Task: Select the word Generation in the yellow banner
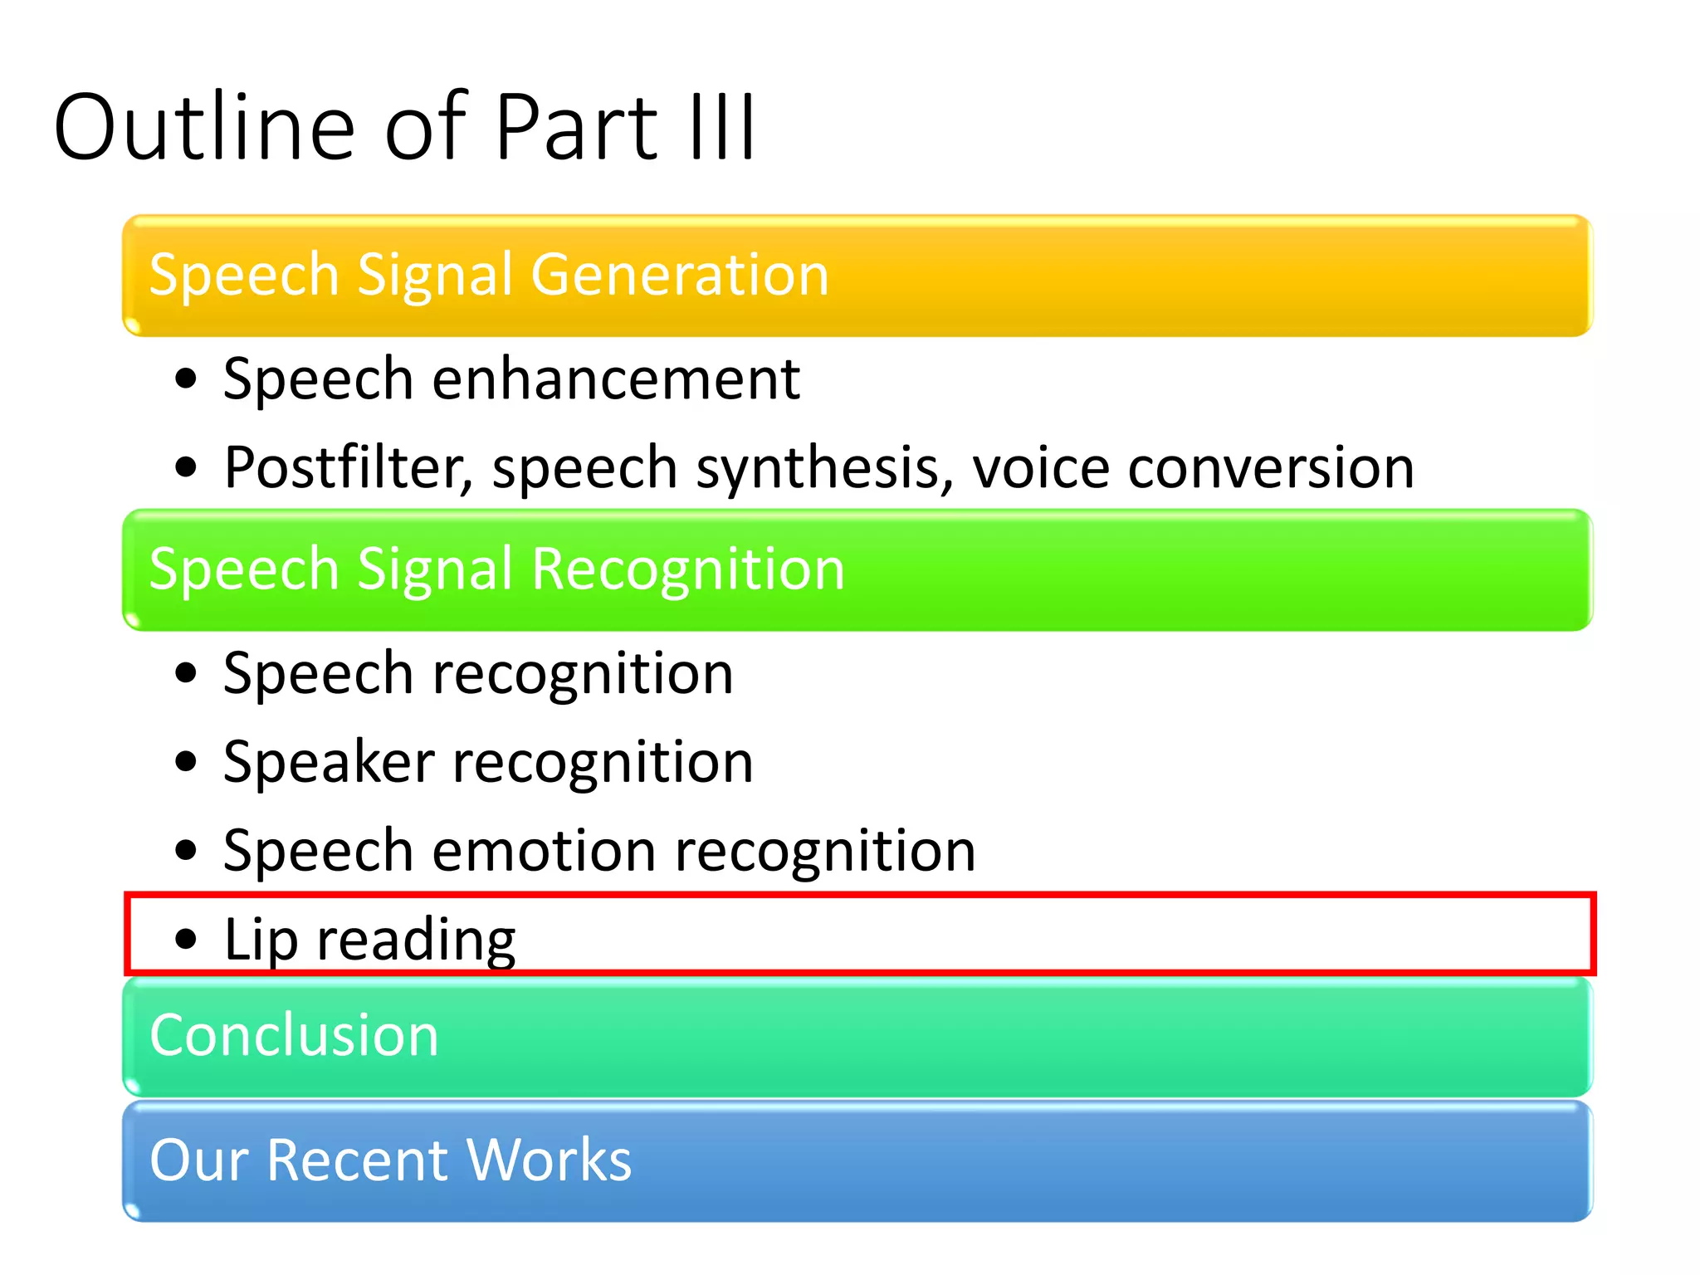680,275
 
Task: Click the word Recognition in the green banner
688,569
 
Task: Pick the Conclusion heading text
294,1035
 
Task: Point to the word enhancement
616,379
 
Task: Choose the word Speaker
329,762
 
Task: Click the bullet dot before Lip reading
187,939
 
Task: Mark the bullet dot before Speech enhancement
187,379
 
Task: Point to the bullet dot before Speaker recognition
187,761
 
